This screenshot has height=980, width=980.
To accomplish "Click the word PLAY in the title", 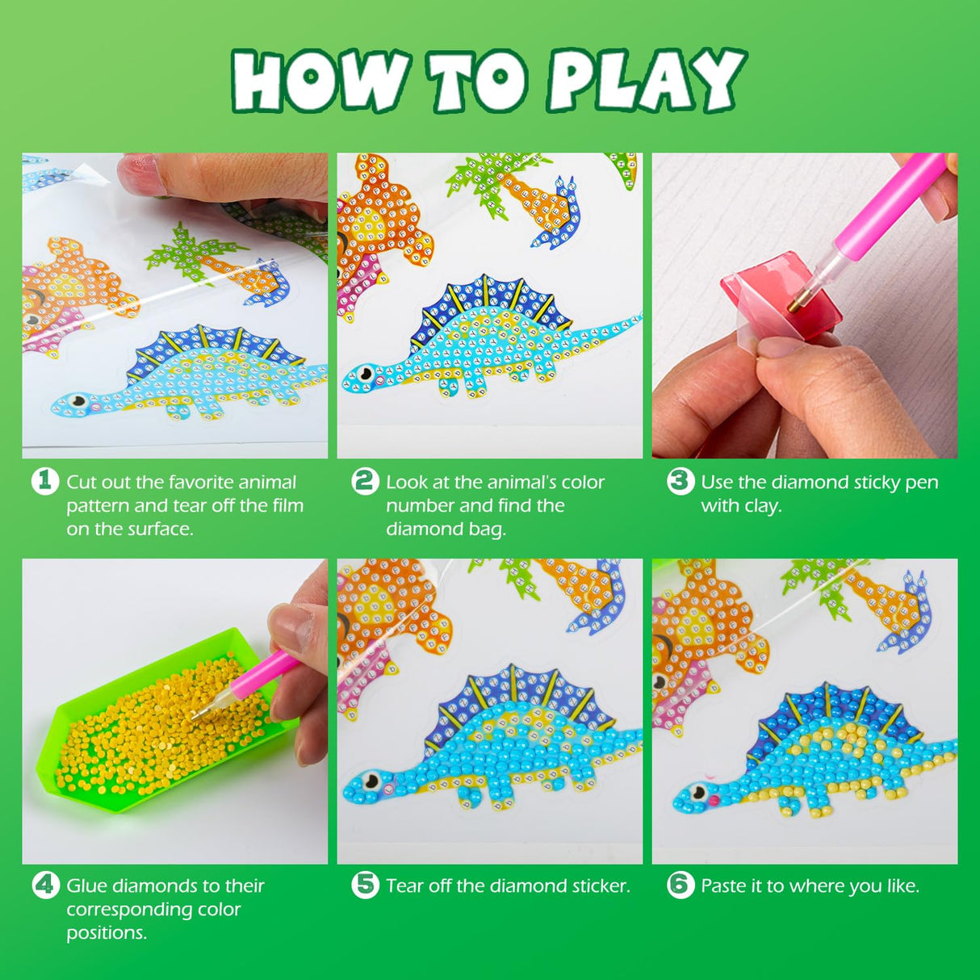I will coord(646,80).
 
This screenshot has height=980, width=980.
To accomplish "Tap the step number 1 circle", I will coord(45,481).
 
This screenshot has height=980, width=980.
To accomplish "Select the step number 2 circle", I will coord(365,481).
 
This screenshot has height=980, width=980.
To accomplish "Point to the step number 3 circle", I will coord(681,481).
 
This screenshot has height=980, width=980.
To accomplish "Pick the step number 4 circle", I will coord(45,885).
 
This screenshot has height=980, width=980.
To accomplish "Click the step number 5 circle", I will coord(365,885).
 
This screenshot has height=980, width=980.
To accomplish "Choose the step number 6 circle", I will coord(681,885).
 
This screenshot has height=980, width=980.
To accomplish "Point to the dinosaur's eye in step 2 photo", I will coord(366,374).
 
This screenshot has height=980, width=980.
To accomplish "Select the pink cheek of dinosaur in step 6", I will coord(713,801).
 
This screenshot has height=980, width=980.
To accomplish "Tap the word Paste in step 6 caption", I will coord(722,886).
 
